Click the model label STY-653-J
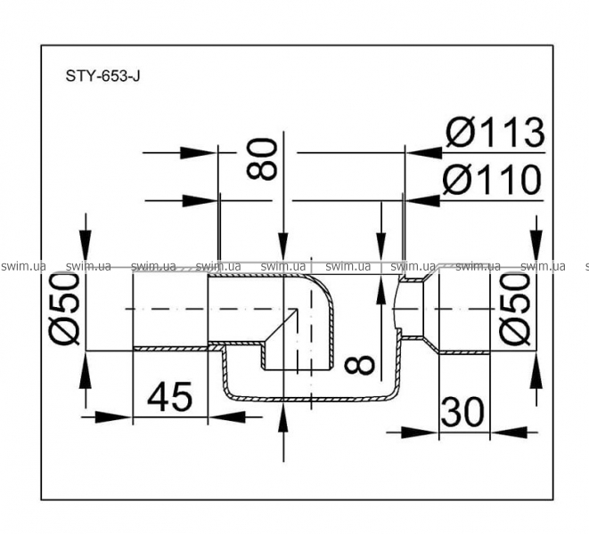[x=102, y=77]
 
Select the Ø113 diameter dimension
[x=495, y=133]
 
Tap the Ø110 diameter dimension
[x=493, y=180]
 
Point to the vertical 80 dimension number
[x=262, y=159]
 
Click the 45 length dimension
[x=170, y=396]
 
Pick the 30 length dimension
[x=462, y=412]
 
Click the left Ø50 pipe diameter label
[x=65, y=309]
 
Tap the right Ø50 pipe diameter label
[x=514, y=309]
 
